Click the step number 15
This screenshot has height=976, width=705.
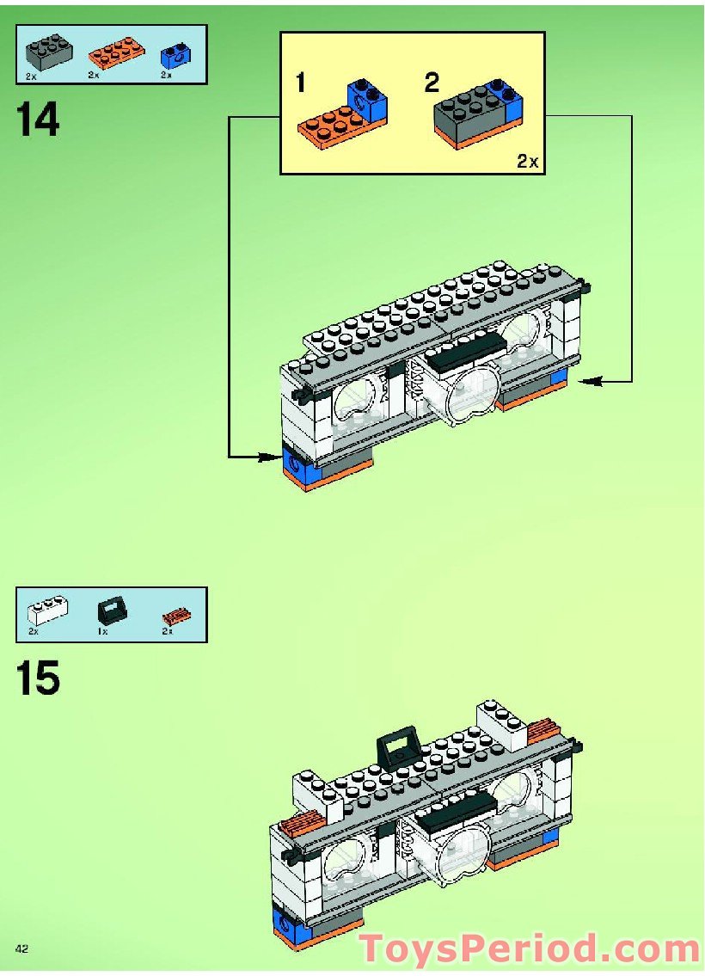tap(38, 678)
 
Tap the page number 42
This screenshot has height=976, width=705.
tap(21, 948)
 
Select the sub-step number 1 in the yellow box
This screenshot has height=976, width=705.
tap(300, 83)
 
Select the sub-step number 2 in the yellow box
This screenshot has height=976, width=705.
tap(432, 83)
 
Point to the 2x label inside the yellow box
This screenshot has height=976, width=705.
tap(527, 161)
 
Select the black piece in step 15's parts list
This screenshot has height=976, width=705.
tap(108, 612)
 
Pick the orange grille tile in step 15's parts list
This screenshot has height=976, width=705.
tap(176, 616)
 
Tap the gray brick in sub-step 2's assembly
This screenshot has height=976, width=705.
tap(469, 114)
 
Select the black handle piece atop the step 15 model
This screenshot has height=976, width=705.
tap(396, 746)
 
